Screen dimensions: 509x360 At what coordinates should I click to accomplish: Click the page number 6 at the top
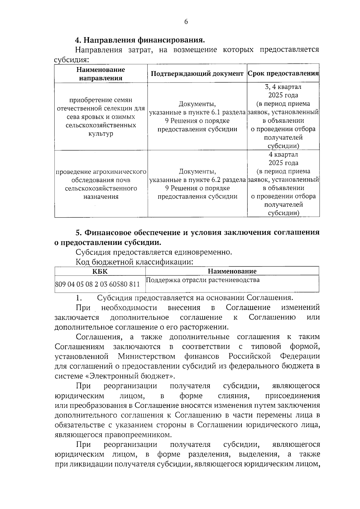click(x=186, y=22)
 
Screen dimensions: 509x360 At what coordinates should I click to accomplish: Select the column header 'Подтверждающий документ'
click(x=197, y=74)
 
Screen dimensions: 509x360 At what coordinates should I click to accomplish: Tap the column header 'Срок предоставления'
click(x=283, y=74)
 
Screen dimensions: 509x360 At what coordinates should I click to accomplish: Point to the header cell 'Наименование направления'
click(x=101, y=74)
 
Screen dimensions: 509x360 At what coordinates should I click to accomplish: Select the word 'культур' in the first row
click(x=101, y=134)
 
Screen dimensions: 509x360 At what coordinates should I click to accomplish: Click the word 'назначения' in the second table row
click(x=101, y=197)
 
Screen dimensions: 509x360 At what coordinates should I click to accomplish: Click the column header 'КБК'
click(x=100, y=271)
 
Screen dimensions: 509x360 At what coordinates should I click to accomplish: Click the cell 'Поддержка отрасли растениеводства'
click(x=202, y=280)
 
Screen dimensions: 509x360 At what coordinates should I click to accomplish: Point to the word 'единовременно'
click(x=204, y=252)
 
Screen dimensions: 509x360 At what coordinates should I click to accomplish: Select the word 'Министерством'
click(x=147, y=356)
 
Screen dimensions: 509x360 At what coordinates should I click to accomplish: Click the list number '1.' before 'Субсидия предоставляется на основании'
click(x=79, y=298)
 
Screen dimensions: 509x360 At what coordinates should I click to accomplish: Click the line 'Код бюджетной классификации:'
click(x=134, y=262)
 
